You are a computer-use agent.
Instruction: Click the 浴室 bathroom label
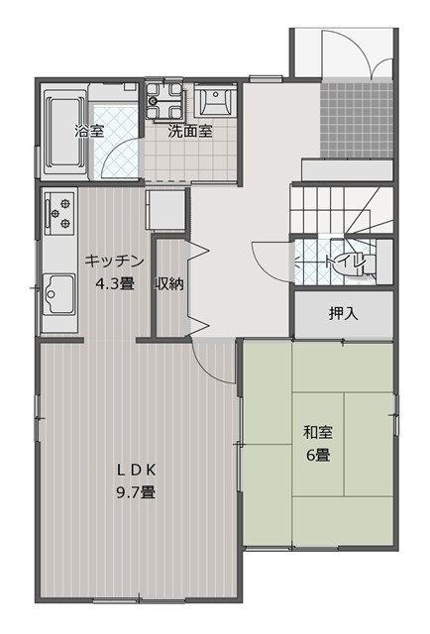point(89,131)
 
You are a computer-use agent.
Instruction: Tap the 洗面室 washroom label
point(189,131)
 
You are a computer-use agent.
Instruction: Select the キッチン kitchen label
point(115,261)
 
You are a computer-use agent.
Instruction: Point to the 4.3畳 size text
point(115,284)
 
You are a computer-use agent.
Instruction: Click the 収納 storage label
point(168,284)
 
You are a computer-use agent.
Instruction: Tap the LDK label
point(137,470)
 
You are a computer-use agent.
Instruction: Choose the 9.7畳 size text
point(137,492)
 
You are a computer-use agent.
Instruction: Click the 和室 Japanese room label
point(318,432)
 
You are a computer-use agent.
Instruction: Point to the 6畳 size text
point(318,455)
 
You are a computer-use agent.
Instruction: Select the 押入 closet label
point(344,313)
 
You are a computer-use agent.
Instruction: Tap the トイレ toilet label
point(346,262)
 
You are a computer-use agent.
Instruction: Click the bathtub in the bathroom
point(64,132)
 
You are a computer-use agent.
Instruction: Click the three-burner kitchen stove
point(59,213)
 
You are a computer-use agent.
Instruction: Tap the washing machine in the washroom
point(165,101)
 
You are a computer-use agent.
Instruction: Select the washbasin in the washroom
point(215,100)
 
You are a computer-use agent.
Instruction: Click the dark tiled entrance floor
point(357,120)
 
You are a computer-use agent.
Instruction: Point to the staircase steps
point(342,209)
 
